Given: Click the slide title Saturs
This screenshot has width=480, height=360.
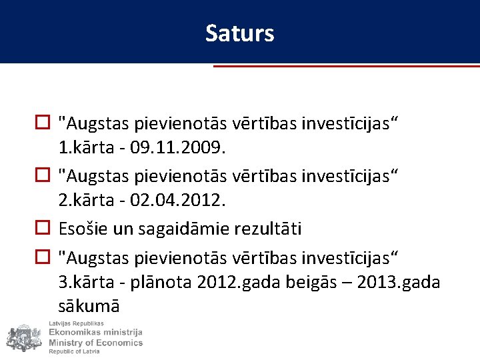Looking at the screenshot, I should [x=239, y=33].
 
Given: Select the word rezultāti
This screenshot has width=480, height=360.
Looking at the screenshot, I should [x=268, y=229].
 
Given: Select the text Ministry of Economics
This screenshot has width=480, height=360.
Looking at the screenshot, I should [x=95, y=343].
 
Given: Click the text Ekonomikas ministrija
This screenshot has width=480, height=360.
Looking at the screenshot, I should [x=95, y=333].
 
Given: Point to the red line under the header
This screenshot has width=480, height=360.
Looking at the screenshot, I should [x=346, y=66].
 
